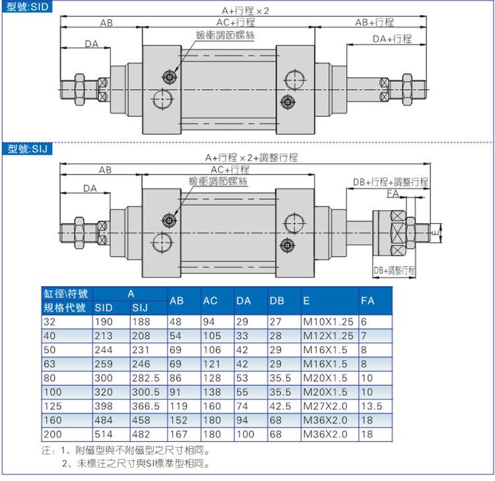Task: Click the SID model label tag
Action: [x=27, y=7]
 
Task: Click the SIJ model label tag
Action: [x=27, y=149]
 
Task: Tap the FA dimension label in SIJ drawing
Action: [x=393, y=193]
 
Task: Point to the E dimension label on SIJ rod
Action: [x=436, y=233]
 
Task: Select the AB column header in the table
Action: [x=176, y=301]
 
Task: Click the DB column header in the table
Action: [x=277, y=301]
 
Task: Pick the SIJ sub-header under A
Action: [x=140, y=308]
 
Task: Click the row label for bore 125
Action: [x=53, y=406]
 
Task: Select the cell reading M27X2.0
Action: [x=325, y=406]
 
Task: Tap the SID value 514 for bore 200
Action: [x=104, y=434]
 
